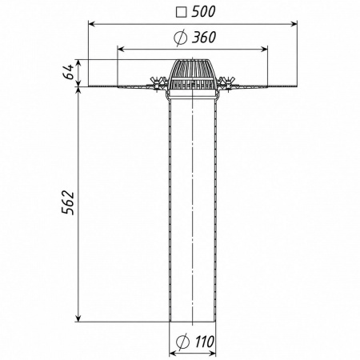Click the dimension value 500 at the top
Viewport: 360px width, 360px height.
click(203, 12)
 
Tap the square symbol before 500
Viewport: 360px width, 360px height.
click(182, 13)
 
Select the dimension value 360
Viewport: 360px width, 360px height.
click(204, 38)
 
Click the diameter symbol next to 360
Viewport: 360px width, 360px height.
click(180, 38)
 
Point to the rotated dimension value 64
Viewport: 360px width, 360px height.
click(69, 72)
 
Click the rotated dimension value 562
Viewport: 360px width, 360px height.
click(68, 202)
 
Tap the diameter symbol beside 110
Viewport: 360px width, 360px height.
click(183, 342)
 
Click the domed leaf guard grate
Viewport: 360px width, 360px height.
click(192, 74)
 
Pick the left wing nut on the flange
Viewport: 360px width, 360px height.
click(155, 83)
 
